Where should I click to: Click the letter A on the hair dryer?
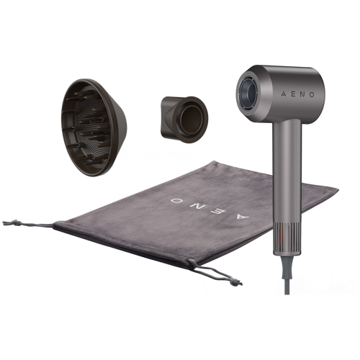pos(284,94)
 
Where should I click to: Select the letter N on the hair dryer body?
pos(302,94)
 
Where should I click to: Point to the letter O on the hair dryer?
pos(312,94)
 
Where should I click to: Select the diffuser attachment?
pos(94,127)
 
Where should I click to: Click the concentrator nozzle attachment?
pos(184,120)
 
